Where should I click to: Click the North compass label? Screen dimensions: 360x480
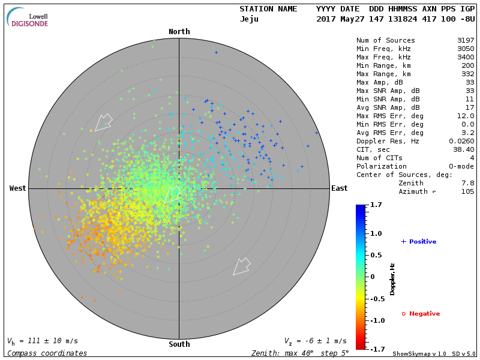tap(179, 32)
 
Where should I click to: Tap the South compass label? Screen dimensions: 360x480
tap(179, 344)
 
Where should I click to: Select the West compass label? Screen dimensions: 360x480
tap(17, 188)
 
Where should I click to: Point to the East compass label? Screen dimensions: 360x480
tap(339, 188)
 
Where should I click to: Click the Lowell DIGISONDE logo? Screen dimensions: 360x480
tap(28, 18)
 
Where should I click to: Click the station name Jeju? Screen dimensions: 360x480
tap(250, 19)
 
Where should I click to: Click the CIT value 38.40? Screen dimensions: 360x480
tap(464, 149)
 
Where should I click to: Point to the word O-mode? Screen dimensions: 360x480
tap(460, 166)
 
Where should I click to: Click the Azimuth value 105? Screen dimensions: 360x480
tap(467, 191)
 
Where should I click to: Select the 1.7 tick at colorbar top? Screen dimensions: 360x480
tap(376, 205)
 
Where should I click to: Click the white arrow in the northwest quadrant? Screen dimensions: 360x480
tap(103, 122)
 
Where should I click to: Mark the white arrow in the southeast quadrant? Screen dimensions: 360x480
tap(241, 266)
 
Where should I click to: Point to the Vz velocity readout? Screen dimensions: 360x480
tap(315, 341)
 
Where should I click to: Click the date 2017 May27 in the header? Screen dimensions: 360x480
tap(338, 19)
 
